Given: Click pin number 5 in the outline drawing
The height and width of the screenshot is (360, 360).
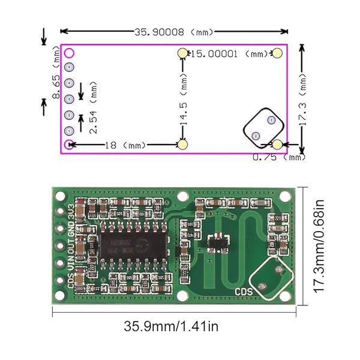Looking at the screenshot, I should (70, 67).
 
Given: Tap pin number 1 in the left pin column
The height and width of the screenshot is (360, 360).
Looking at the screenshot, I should (70, 130).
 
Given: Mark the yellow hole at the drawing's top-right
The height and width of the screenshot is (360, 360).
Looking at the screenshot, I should (277, 54).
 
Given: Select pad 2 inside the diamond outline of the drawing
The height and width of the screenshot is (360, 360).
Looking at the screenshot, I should (256, 136).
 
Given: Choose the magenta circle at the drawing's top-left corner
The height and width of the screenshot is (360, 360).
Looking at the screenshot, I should (70, 53).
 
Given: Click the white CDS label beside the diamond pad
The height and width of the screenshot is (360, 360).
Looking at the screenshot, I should (244, 292).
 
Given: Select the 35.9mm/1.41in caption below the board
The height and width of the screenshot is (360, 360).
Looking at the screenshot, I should (171, 327).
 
